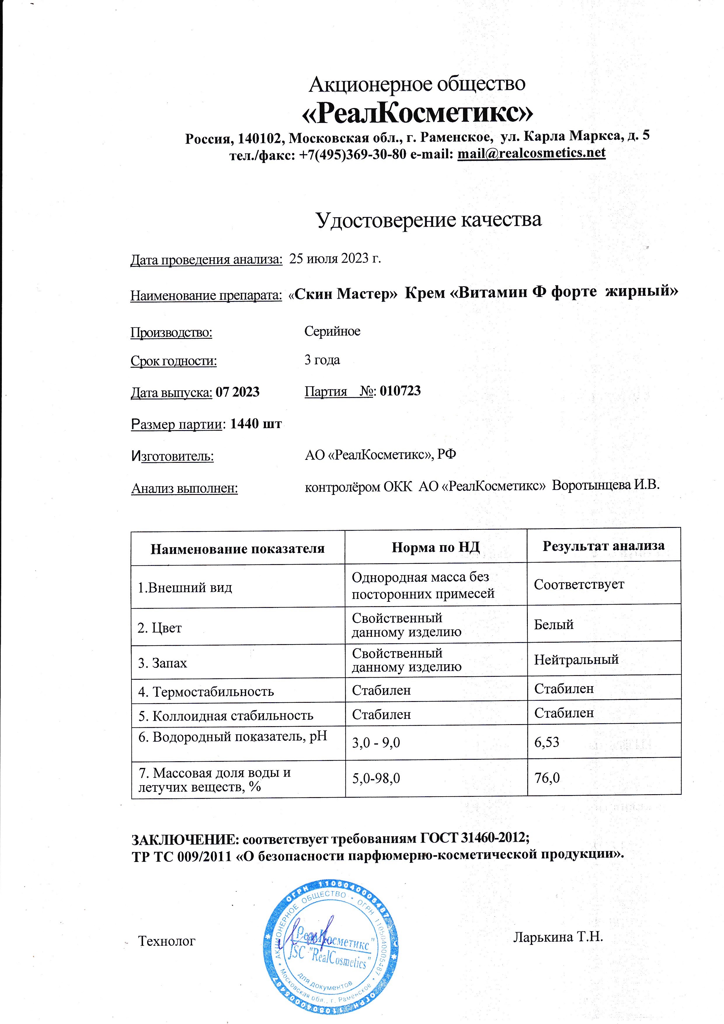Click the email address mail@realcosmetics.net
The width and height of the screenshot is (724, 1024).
coord(531,153)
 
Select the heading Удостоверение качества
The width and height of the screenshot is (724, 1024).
coord(429,220)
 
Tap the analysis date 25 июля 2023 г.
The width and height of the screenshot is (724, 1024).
coord(335,258)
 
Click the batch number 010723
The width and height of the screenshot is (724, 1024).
coord(400,391)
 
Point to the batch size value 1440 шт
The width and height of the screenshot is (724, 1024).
coord(255,424)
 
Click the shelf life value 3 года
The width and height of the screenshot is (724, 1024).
coord(322,360)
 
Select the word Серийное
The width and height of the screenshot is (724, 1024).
coord(332,331)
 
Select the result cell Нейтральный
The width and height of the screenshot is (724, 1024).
coord(576,660)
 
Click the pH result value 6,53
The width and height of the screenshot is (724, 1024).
coord(547,742)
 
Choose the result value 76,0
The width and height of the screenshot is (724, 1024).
coord(547,778)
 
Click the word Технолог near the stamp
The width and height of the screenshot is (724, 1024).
coord(167,941)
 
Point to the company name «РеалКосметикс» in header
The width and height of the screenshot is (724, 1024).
coord(417,112)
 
